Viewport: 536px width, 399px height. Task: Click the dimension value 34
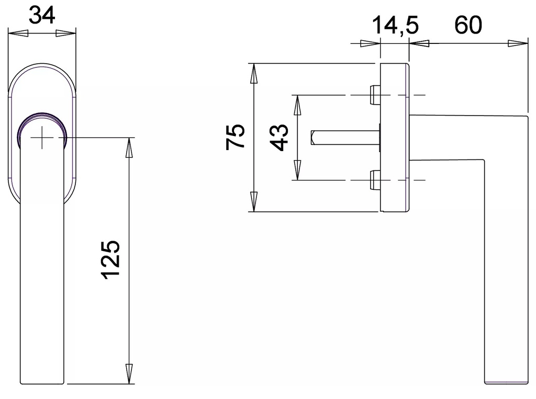pyautogui.click(x=42, y=15)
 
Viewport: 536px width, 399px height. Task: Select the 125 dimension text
pyautogui.click(x=111, y=260)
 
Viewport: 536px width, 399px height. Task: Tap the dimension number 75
pyautogui.click(x=236, y=137)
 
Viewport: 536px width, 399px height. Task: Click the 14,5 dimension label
pyautogui.click(x=395, y=25)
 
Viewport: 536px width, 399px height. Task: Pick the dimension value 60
pyautogui.click(x=467, y=25)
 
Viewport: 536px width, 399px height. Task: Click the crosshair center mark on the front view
pyautogui.click(x=42, y=138)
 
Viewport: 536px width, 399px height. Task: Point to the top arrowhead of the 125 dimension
pyautogui.click(x=129, y=147)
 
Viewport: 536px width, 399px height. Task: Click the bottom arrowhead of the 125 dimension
pyautogui.click(x=129, y=374)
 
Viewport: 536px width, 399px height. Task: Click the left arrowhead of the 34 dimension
pyautogui.click(x=18, y=34)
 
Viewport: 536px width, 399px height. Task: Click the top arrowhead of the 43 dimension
pyautogui.click(x=297, y=105)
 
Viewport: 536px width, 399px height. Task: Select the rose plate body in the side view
pyautogui.click(x=394, y=138)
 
